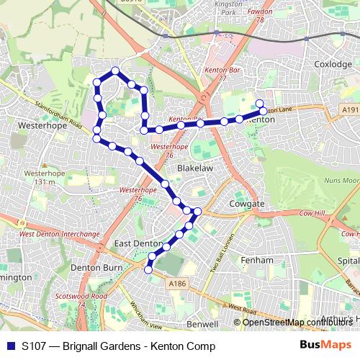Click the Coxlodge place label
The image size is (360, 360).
tap(333, 64)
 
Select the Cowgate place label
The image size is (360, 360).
tap(247, 204)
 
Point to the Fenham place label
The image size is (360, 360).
tap(257, 259)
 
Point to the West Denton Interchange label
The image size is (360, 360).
tap(59, 234)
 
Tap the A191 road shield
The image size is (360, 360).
tap(350, 109)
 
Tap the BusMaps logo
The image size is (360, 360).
tap(321, 346)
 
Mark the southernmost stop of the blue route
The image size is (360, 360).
tap(148, 269)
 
